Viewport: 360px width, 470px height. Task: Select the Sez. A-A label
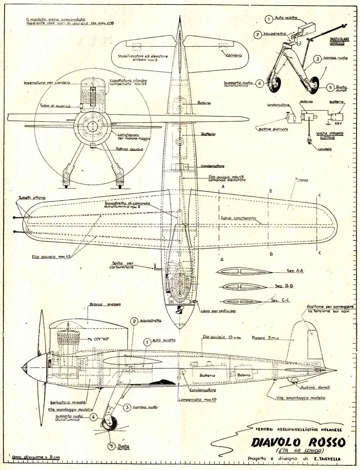pos(295,270)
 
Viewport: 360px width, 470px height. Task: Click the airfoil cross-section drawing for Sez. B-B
pos(243,286)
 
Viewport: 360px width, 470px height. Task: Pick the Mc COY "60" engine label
pos(99,339)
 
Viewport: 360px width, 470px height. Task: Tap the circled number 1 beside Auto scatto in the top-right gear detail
pos(269,19)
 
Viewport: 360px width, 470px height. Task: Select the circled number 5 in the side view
pos(112,446)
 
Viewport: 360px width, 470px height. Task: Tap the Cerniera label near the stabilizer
pos(234,55)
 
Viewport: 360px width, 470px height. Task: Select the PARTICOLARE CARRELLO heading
pos(339,41)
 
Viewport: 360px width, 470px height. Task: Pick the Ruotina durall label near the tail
pos(315,387)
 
